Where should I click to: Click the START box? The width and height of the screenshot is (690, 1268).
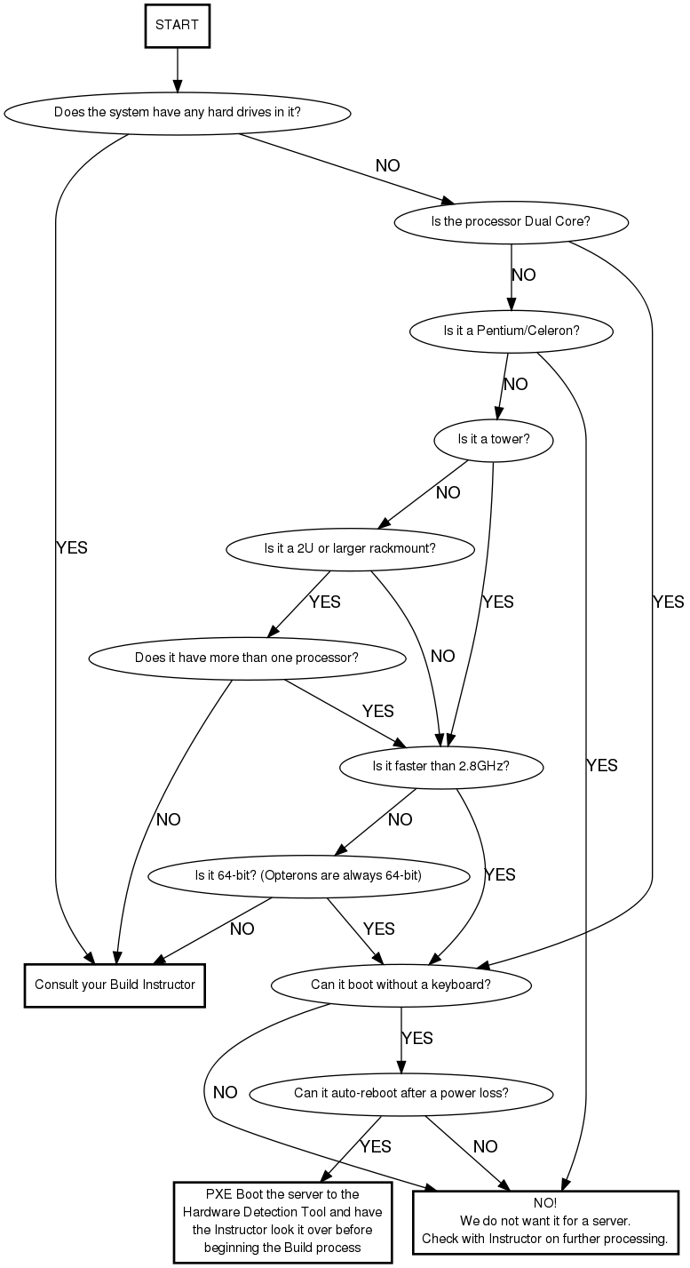[x=177, y=25]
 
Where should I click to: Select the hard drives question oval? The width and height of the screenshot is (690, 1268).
[x=177, y=113]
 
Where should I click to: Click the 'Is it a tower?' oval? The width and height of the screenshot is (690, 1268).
[x=493, y=439]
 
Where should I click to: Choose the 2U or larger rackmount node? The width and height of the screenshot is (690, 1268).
[x=350, y=548]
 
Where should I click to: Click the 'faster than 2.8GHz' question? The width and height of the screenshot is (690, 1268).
[x=440, y=766]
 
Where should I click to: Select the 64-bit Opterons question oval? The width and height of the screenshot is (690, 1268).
[x=308, y=875]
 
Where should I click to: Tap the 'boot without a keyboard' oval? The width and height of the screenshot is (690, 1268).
[x=401, y=985]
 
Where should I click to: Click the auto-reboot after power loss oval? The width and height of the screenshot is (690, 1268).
[x=401, y=1093]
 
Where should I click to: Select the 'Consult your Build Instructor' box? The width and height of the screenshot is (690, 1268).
[x=115, y=985]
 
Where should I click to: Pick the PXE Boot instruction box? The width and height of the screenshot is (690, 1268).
[x=282, y=1222]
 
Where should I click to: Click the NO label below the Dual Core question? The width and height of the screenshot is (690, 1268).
[x=524, y=275]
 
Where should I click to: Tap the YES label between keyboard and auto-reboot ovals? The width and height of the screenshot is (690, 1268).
[x=417, y=1038]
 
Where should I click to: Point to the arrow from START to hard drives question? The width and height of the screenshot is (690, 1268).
[x=177, y=68]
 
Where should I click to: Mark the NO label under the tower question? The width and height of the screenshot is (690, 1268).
[x=448, y=493]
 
